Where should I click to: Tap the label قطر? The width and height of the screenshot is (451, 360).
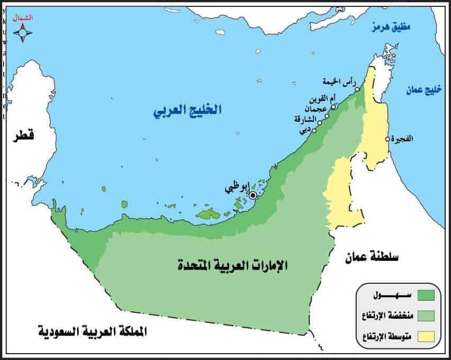click(x=24, y=136)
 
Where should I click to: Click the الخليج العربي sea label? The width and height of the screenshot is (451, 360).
click(x=187, y=111)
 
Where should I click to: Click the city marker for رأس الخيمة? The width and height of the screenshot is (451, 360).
click(x=357, y=89)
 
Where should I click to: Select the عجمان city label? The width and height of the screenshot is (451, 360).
click(x=319, y=108)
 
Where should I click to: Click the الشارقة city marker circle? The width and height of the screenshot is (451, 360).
click(x=320, y=123)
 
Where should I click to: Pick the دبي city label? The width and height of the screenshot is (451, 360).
click(x=304, y=132)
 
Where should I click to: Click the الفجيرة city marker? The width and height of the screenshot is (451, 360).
click(x=387, y=139)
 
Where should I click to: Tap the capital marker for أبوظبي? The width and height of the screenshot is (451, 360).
click(x=253, y=195)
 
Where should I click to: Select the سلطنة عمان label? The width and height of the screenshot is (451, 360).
click(x=372, y=257)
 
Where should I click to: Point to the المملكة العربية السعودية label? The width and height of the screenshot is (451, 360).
click(x=93, y=332)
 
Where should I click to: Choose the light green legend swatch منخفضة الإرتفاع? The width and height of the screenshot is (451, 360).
click(x=426, y=316)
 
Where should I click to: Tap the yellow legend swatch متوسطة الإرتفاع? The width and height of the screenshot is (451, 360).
click(x=426, y=336)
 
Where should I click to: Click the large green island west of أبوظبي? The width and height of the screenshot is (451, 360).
click(x=209, y=213)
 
